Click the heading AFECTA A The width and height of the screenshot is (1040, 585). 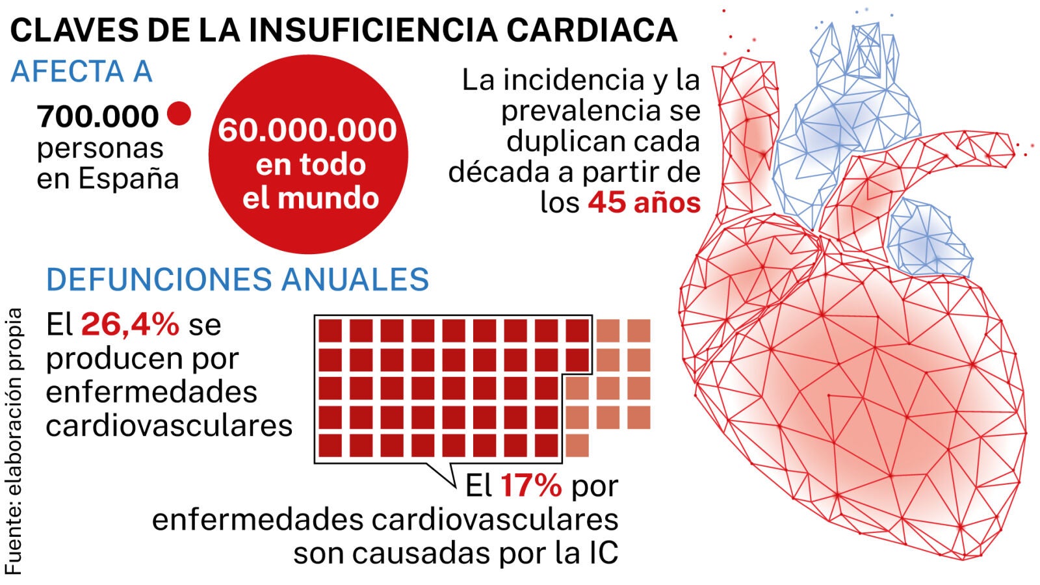[x=81, y=71]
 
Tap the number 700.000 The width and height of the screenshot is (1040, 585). [x=98, y=117]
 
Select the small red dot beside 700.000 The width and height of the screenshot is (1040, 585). [x=179, y=114]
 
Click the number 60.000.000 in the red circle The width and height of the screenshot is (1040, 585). [x=307, y=130]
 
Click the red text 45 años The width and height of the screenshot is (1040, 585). [x=644, y=203]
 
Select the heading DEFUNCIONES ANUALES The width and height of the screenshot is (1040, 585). [x=237, y=279]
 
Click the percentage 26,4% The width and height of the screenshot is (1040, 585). [x=130, y=324]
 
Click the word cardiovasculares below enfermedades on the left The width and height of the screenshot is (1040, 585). [x=169, y=426]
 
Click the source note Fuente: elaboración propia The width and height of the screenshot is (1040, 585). [x=14, y=442]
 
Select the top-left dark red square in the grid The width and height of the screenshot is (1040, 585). [x=330, y=331]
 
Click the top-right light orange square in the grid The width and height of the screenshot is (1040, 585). [x=639, y=331]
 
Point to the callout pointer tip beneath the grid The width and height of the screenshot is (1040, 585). [x=456, y=486]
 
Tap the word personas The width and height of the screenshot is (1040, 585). [x=100, y=148]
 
